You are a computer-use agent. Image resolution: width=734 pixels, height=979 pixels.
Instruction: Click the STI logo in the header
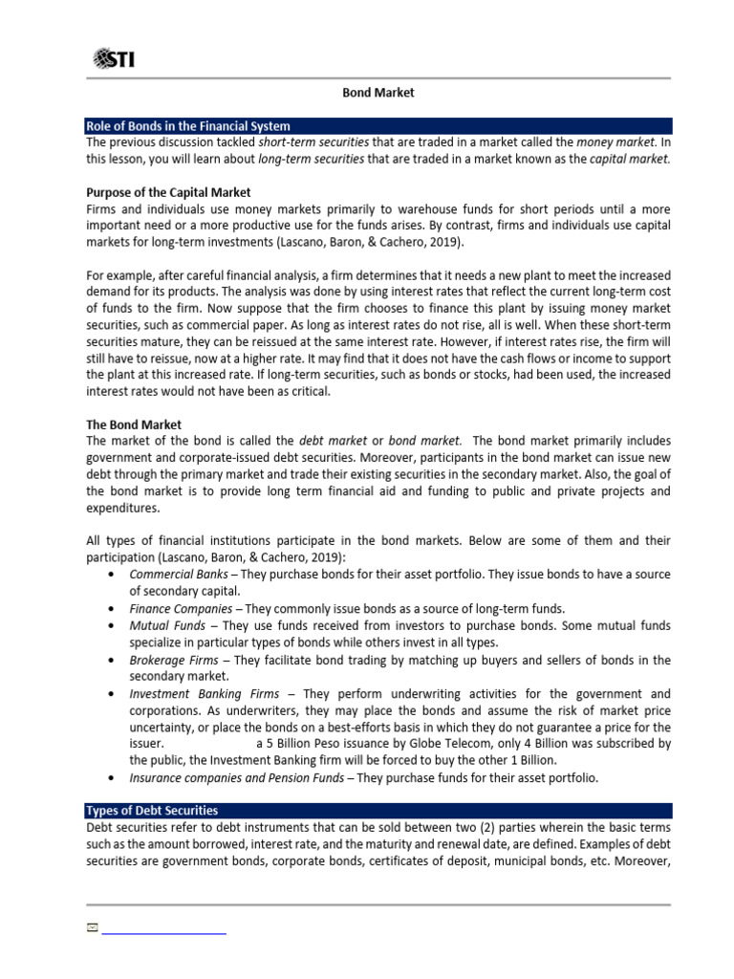point(114,59)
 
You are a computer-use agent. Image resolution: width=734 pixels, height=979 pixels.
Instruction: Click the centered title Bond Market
point(378,93)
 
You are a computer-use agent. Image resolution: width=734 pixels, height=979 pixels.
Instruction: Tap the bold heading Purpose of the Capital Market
point(168,192)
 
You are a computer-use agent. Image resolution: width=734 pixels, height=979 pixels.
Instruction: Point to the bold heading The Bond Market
point(134,424)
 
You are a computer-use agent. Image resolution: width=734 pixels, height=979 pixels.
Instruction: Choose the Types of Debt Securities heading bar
point(152,810)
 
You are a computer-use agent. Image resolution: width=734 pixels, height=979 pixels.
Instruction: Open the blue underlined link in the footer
point(163,929)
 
